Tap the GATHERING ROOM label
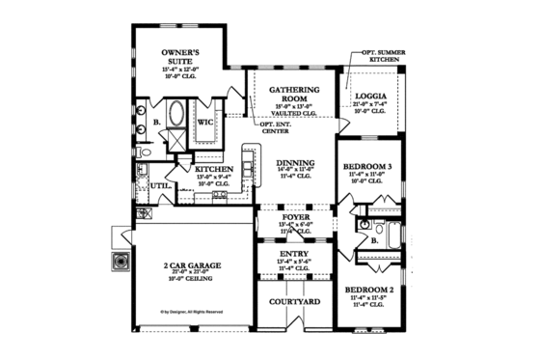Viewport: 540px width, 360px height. pos(286,94)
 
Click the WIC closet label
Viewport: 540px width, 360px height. pos(205,124)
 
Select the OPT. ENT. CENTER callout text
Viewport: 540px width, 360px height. pos(276,126)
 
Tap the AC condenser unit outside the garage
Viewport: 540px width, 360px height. pos(122,261)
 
